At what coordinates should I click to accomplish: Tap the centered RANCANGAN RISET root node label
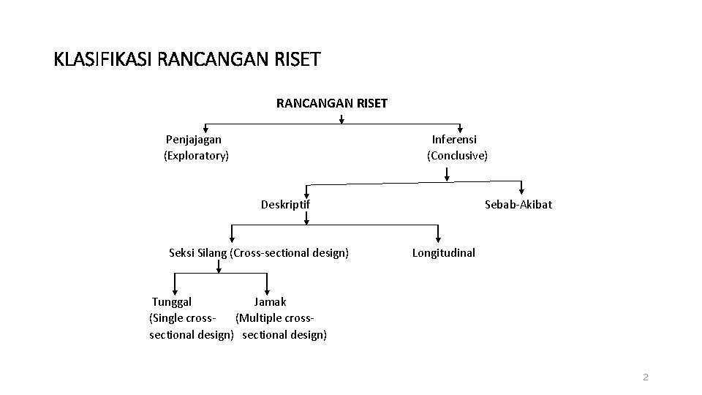click(x=331, y=103)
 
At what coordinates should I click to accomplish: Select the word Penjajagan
click(x=194, y=139)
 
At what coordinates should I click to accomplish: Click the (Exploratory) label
click(x=196, y=155)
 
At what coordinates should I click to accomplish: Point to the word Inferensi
click(x=454, y=139)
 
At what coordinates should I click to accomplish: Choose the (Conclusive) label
click(x=457, y=155)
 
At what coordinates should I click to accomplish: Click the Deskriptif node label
click(x=285, y=204)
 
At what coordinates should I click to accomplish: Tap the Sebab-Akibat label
click(x=518, y=204)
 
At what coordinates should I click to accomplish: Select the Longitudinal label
click(x=443, y=252)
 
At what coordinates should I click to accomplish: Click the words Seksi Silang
click(x=197, y=253)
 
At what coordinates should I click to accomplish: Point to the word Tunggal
click(x=172, y=301)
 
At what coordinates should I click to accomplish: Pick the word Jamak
click(x=270, y=301)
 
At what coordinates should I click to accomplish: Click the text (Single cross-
click(x=182, y=318)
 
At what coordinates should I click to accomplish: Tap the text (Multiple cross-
click(x=275, y=318)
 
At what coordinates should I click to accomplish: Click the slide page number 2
click(x=645, y=377)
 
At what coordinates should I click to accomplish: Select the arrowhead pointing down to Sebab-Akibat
click(x=522, y=190)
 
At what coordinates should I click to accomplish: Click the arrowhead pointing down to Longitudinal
click(x=438, y=238)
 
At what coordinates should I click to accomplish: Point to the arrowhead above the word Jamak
click(x=268, y=290)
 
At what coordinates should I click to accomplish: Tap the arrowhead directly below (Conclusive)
click(x=447, y=176)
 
